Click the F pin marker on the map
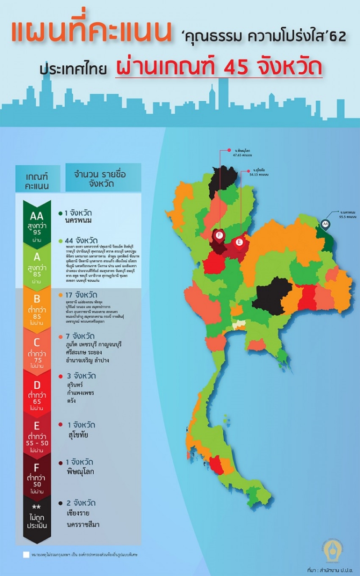[x=220, y=235]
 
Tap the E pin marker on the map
[x=239, y=242]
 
